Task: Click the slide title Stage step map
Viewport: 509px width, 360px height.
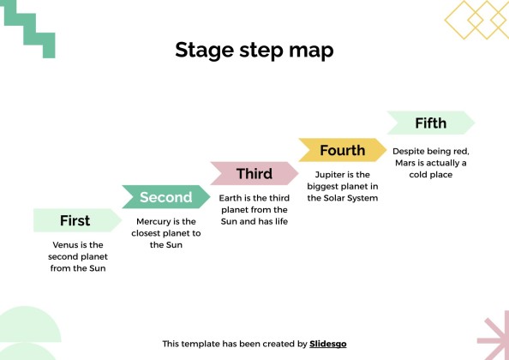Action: click(x=254, y=50)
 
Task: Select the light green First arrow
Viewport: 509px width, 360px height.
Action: click(x=77, y=220)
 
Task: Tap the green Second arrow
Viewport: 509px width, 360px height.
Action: click(x=166, y=197)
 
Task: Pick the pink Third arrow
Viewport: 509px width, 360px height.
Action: click(x=254, y=173)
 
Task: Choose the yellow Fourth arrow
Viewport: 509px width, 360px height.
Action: click(x=343, y=150)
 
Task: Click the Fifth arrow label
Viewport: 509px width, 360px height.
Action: click(x=431, y=123)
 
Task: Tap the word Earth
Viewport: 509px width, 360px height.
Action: click(x=230, y=198)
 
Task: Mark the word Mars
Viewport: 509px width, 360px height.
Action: click(x=405, y=163)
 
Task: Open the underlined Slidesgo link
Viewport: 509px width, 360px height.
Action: click(x=328, y=344)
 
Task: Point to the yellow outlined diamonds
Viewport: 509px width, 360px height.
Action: click(x=477, y=20)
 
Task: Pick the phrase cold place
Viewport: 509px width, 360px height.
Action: click(x=431, y=175)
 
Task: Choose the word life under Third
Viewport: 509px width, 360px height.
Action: click(x=281, y=221)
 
